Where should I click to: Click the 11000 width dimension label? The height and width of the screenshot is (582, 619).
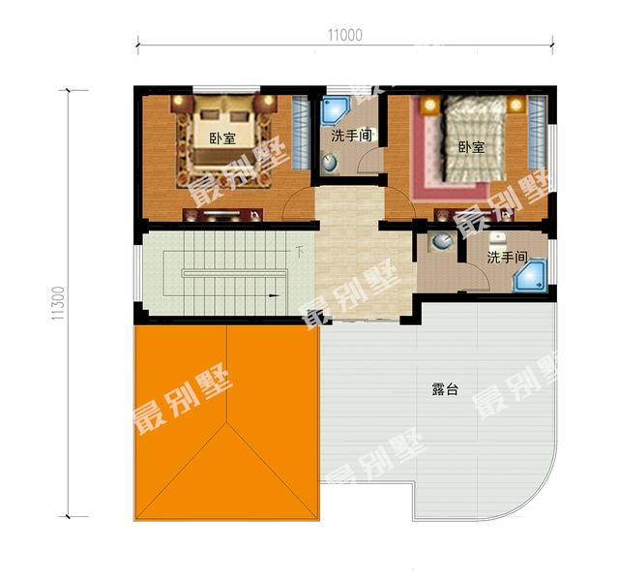(343, 35)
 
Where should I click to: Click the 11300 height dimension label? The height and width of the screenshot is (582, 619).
(57, 303)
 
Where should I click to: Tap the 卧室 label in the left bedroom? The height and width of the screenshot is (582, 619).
(222, 138)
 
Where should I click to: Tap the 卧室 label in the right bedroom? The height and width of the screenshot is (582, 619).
(471, 147)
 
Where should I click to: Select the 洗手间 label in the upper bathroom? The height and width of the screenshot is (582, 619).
(352, 136)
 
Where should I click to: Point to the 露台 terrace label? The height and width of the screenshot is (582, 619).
(445, 390)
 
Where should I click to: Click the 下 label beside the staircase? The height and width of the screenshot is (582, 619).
(300, 252)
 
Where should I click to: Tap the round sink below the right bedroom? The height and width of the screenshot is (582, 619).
(440, 242)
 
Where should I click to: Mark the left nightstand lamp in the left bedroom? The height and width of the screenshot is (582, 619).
(180, 101)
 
